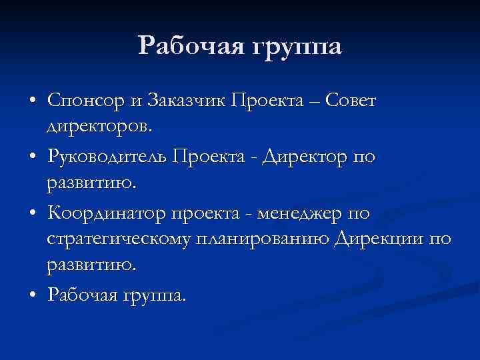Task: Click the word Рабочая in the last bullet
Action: coord(79,295)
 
